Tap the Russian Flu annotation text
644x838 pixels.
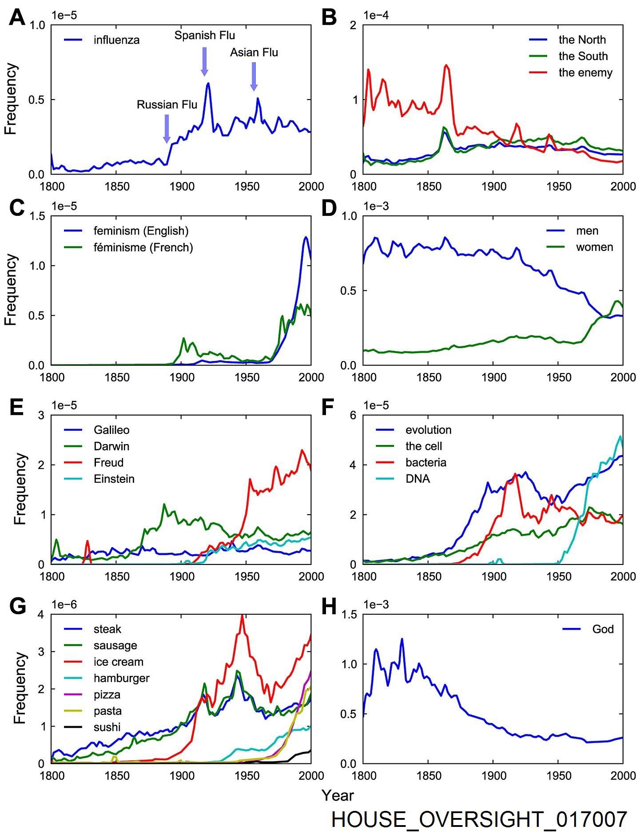point(167,105)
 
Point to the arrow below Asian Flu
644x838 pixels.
point(254,76)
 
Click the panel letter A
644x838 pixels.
point(17,19)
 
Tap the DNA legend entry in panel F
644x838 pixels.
point(417,479)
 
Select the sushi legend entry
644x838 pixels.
point(107,727)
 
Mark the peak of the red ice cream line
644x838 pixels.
point(242,616)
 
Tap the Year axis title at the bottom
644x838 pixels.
point(338,795)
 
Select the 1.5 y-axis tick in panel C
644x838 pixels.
point(37,216)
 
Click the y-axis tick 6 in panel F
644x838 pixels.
point(353,415)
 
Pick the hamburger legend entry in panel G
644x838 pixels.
point(121,678)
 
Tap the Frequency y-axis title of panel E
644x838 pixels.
point(20,489)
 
